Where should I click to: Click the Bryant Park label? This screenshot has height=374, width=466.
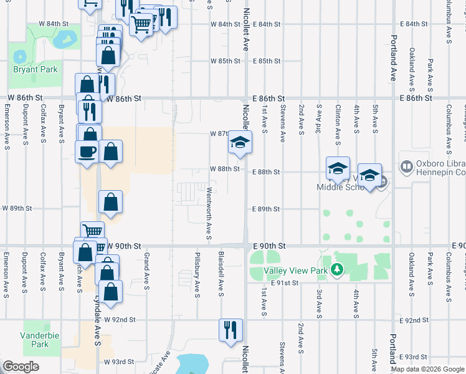click(35, 69)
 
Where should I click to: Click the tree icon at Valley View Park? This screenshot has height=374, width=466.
click(337, 269)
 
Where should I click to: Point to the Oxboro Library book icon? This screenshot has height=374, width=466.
click(406, 167)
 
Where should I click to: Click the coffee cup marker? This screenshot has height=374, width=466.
click(86, 150)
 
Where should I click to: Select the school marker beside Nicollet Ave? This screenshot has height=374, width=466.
click(239, 143)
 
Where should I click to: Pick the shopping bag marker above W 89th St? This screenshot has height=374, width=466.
click(110, 202)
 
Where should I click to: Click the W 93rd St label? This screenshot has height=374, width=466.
click(119, 362)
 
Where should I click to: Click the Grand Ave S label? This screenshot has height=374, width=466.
click(147, 271)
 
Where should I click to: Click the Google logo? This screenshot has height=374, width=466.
click(21, 367)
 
